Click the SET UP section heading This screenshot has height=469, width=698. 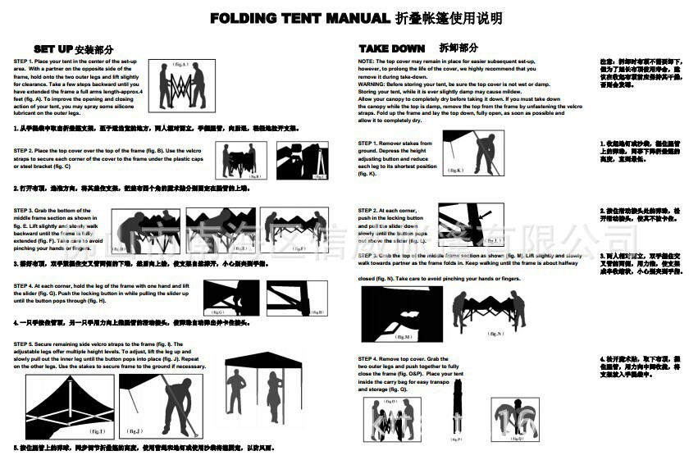pos(53,49)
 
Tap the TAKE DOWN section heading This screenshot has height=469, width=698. pos(392,48)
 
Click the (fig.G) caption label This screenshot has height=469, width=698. pos(217,312)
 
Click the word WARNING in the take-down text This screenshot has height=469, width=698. pos(372,83)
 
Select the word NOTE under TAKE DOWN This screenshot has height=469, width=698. pos(366,61)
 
